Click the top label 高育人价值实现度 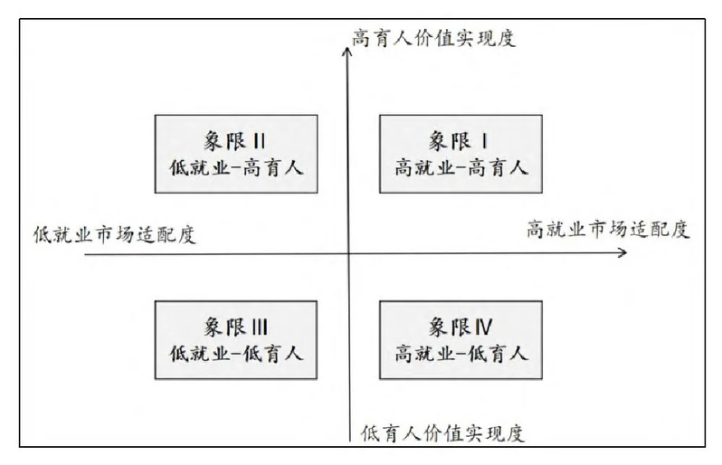(x=433, y=38)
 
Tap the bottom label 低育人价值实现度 (x=442, y=433)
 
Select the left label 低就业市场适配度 (x=115, y=234)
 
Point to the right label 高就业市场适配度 (x=608, y=229)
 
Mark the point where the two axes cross (x=348, y=253)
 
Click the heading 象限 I (x=459, y=141)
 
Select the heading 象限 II (x=235, y=141)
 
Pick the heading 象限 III (x=236, y=327)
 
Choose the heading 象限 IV (x=461, y=327)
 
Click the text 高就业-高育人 (x=461, y=167)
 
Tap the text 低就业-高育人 (x=237, y=167)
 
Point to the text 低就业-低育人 (x=237, y=354)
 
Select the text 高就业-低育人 (x=461, y=354)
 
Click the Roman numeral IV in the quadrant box (x=481, y=327)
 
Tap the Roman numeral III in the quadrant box (x=260, y=327)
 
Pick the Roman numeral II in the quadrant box (x=260, y=141)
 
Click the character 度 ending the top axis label (x=506, y=38)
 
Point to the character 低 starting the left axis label (x=43, y=234)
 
